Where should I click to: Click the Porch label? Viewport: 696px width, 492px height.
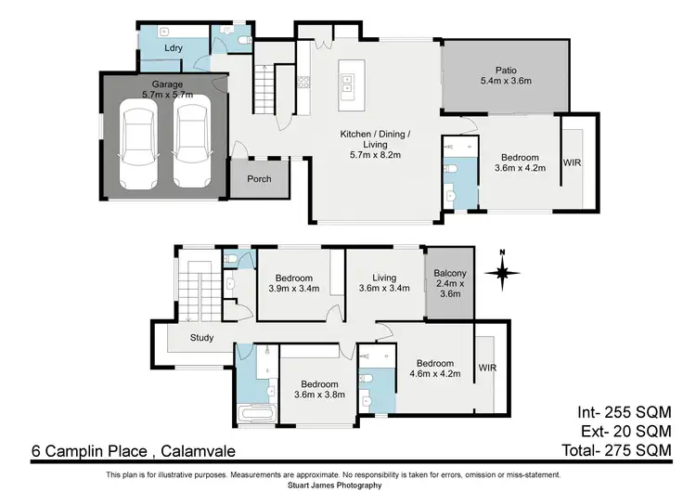tap(260, 178)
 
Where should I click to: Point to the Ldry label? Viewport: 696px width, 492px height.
tap(173, 47)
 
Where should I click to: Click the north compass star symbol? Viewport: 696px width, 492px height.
tap(501, 272)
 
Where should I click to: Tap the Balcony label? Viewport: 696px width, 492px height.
tap(449, 277)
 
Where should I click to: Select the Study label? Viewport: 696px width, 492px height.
tap(202, 338)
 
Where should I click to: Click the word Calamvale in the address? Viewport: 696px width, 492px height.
tap(198, 451)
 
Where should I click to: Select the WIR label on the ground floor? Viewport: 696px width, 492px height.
tap(573, 163)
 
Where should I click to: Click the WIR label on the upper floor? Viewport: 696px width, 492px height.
tap(488, 368)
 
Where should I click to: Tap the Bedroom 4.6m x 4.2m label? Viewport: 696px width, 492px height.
tap(434, 369)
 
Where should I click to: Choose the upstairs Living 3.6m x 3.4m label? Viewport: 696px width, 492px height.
tap(384, 283)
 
